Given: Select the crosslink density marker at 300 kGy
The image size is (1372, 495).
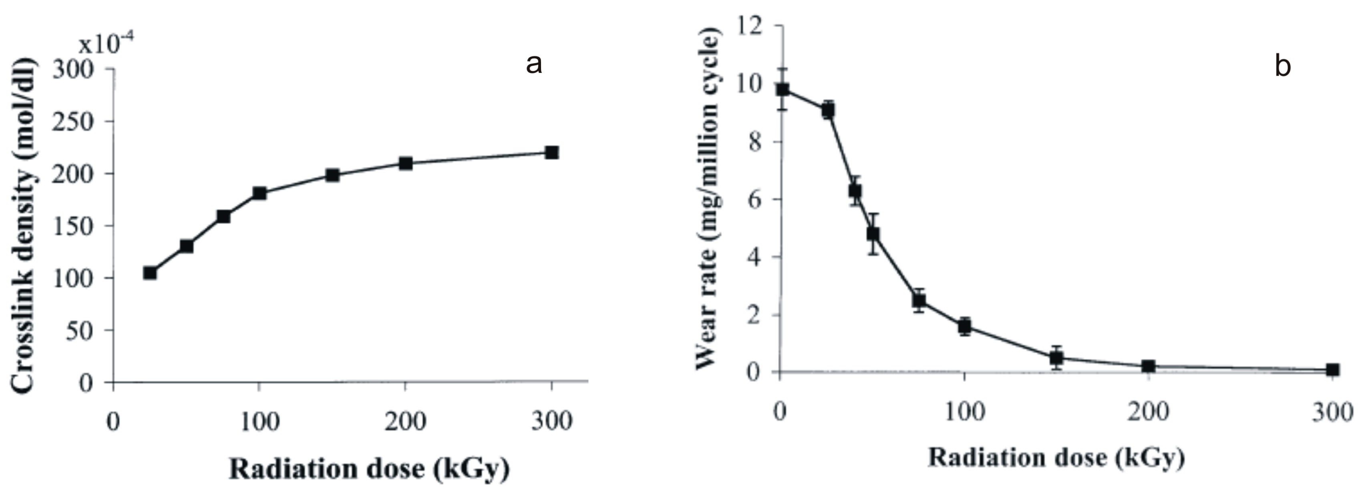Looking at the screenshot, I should coord(552,153).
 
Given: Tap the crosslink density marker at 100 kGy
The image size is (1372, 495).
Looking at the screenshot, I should coord(260,193).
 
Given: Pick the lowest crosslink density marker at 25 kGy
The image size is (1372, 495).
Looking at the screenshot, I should coord(150,273).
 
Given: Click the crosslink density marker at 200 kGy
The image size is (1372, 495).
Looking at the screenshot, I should coord(406,163).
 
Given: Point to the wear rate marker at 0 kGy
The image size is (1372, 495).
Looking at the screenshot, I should coord(783,89).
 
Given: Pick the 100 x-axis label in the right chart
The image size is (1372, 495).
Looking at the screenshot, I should coord(965,413).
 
